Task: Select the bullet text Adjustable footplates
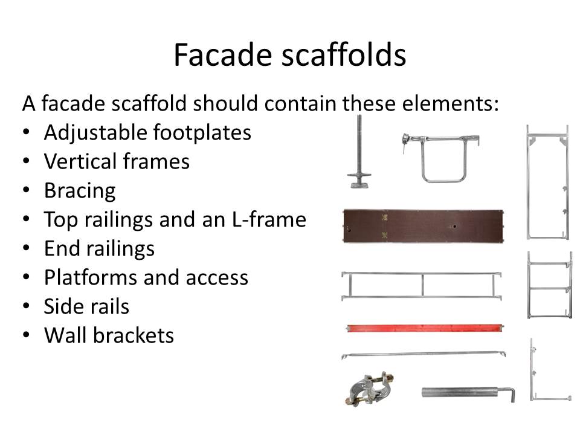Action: click(147, 132)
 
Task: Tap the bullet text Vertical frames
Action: click(117, 161)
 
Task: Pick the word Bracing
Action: click(80, 191)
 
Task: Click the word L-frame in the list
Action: click(269, 219)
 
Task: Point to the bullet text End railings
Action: click(99, 248)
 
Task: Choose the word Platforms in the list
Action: click(91, 277)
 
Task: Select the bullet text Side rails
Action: click(86, 306)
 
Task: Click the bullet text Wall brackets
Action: click(109, 335)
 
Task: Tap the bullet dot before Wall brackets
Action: click(26, 335)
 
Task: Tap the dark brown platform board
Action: click(423, 225)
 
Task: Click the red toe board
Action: click(425, 328)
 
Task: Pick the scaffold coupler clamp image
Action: click(369, 388)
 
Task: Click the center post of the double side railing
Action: click(422, 285)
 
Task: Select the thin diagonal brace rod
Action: click(424, 355)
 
